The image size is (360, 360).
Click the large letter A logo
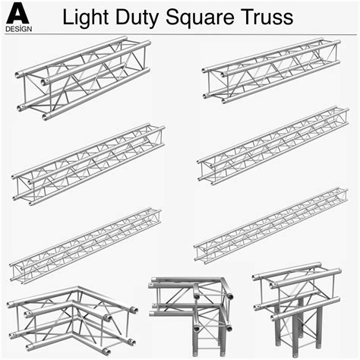17,11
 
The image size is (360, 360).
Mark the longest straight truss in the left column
85,243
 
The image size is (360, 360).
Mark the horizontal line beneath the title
197,33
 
